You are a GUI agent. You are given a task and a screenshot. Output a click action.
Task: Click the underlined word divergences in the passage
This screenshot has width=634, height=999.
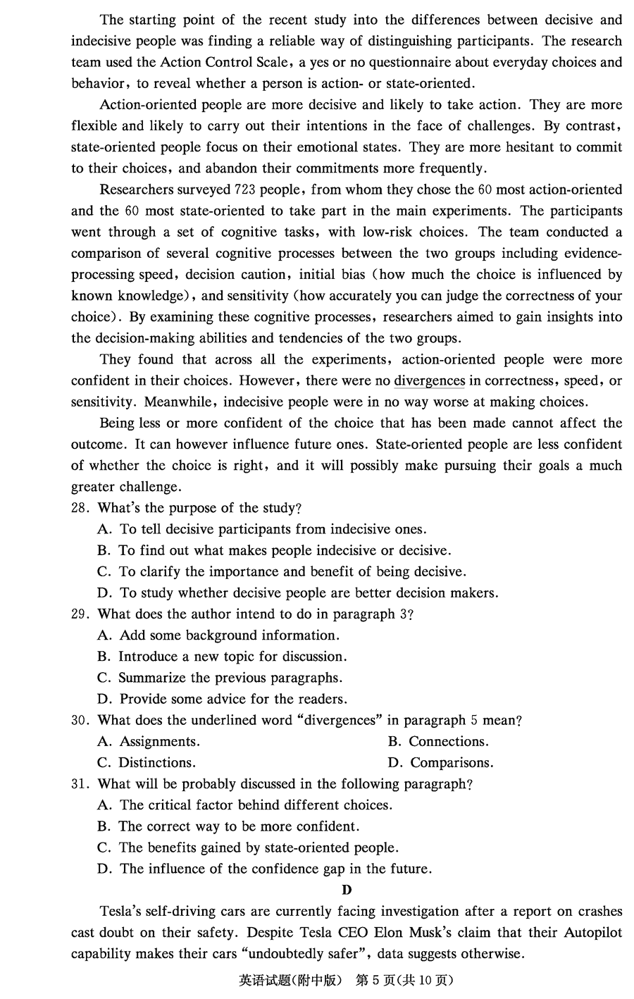tap(429, 380)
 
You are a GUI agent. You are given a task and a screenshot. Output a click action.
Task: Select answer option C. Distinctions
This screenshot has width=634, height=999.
tap(147, 762)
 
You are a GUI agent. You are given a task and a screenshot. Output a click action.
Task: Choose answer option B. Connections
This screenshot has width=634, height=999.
tap(437, 741)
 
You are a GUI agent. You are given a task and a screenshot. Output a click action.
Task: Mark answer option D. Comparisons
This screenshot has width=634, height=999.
tap(440, 762)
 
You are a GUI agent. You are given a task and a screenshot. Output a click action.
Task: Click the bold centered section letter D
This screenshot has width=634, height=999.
tap(347, 890)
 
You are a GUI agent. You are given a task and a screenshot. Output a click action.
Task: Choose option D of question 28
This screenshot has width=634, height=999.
tap(298, 592)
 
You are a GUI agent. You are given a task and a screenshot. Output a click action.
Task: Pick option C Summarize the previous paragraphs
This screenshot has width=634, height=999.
tap(220, 678)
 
